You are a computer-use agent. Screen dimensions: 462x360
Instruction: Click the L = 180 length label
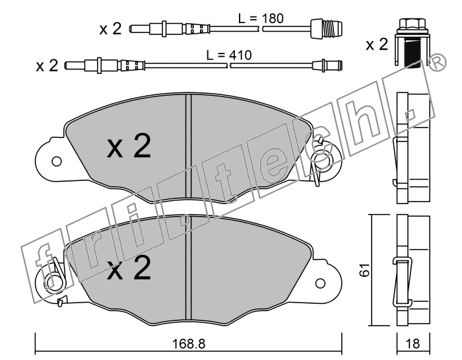pyautogui.click(x=261, y=18)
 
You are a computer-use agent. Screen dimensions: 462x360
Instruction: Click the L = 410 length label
pyautogui.click(x=229, y=55)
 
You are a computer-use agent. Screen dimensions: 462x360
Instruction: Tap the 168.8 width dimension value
pyautogui.click(x=189, y=343)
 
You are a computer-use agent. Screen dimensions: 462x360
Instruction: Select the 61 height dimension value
pyautogui.click(x=365, y=270)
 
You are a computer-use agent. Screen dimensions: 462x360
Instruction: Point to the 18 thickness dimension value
pyautogui.click(x=412, y=343)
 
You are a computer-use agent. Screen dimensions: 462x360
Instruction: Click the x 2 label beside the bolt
pyautogui.click(x=377, y=45)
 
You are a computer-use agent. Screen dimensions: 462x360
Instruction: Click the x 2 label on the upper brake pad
pyautogui.click(x=129, y=146)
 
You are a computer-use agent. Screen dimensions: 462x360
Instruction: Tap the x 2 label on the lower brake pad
pyautogui.click(x=129, y=268)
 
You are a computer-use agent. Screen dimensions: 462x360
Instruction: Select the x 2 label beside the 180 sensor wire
pyautogui.click(x=110, y=29)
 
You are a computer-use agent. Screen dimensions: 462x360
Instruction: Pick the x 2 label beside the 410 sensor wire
pyautogui.click(x=47, y=65)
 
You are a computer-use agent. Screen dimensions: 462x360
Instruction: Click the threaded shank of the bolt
pyautogui.click(x=412, y=54)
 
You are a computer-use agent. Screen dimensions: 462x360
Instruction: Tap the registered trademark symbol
pyautogui.click(x=438, y=62)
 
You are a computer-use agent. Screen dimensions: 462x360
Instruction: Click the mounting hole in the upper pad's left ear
pyautogui.click(x=56, y=161)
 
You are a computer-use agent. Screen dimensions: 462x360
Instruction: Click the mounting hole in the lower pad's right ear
pyautogui.click(x=320, y=283)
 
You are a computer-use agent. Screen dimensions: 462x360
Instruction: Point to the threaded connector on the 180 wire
pyautogui.click(x=327, y=28)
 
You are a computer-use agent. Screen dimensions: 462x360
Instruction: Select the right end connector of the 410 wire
pyautogui.click(x=327, y=65)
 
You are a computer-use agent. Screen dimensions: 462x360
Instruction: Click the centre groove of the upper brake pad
pyautogui.click(x=189, y=147)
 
